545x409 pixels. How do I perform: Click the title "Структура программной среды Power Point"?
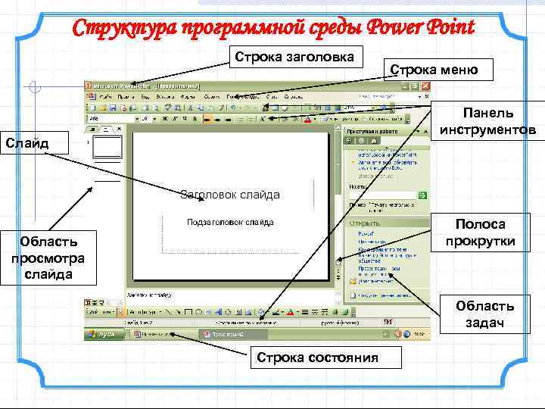tap(272, 28)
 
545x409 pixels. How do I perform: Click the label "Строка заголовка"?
tap(300, 57)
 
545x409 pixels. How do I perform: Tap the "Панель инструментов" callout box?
tap(489, 121)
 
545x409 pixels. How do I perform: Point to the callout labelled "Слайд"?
tap(25, 142)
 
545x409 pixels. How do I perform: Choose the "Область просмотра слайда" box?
tap(48, 258)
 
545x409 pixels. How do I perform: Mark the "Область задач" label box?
tap(484, 314)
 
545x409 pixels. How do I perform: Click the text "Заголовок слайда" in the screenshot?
tap(230, 195)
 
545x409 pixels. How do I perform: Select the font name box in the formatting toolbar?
tap(110, 119)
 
